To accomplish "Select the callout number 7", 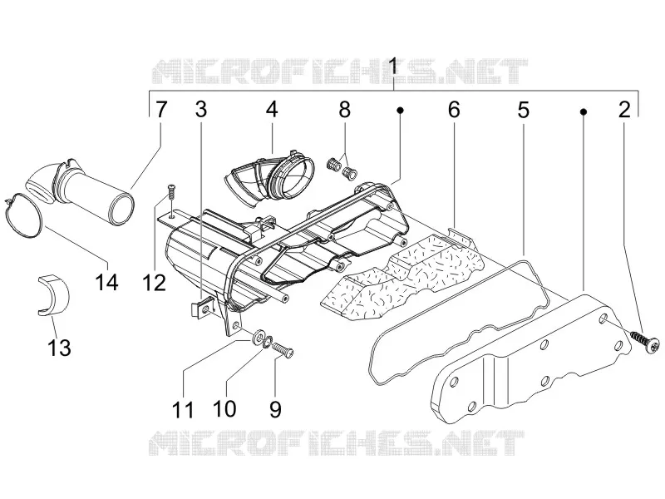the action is [160, 110].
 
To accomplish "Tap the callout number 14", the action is [107, 281].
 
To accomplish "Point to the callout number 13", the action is [59, 348].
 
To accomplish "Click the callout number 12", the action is [154, 281].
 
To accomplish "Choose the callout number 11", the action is [183, 409].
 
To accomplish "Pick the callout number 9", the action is [275, 409].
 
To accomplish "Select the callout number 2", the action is [624, 110].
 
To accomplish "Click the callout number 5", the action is [524, 110].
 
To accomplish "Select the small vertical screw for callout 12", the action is [171, 190].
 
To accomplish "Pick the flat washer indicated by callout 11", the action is [257, 338].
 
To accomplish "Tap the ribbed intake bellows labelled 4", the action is [271, 179].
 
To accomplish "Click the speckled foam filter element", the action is [402, 277].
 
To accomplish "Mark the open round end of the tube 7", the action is [122, 209].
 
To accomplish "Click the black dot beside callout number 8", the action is [400, 111].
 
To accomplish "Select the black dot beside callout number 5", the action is [584, 111].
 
